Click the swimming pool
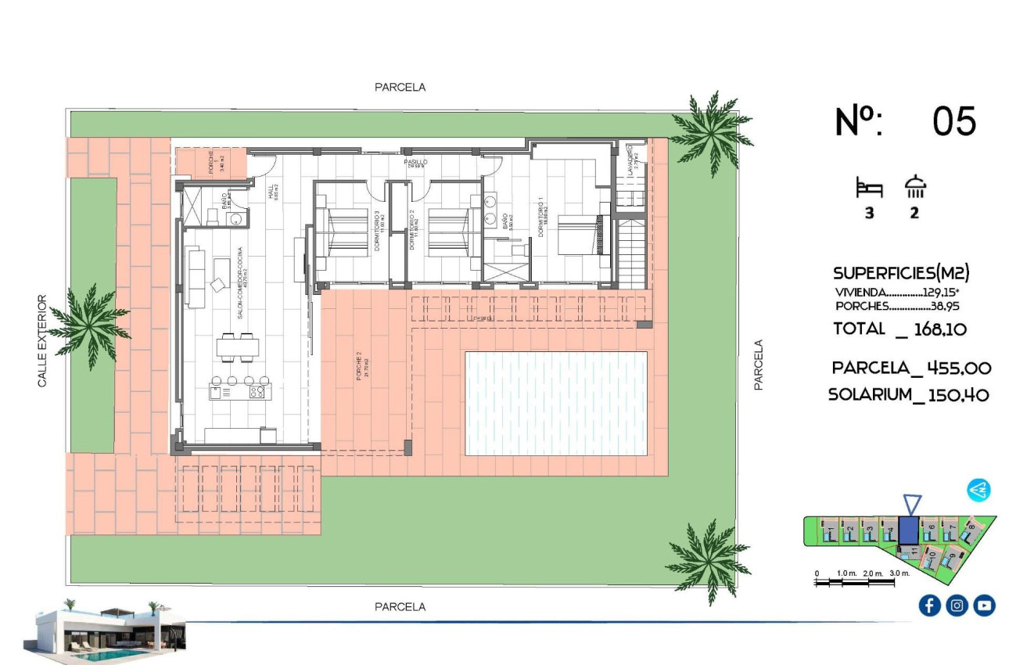(556, 403)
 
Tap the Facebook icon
(929, 605)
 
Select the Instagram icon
(957, 605)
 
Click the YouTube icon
(984, 605)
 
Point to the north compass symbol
(978, 491)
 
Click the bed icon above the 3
(869, 189)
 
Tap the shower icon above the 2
(914, 187)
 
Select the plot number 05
(954, 122)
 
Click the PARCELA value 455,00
(959, 368)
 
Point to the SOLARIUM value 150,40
(958, 395)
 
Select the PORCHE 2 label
(358, 368)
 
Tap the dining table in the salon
(238, 347)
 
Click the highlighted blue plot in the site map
(908, 530)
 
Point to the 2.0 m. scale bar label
(873, 573)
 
